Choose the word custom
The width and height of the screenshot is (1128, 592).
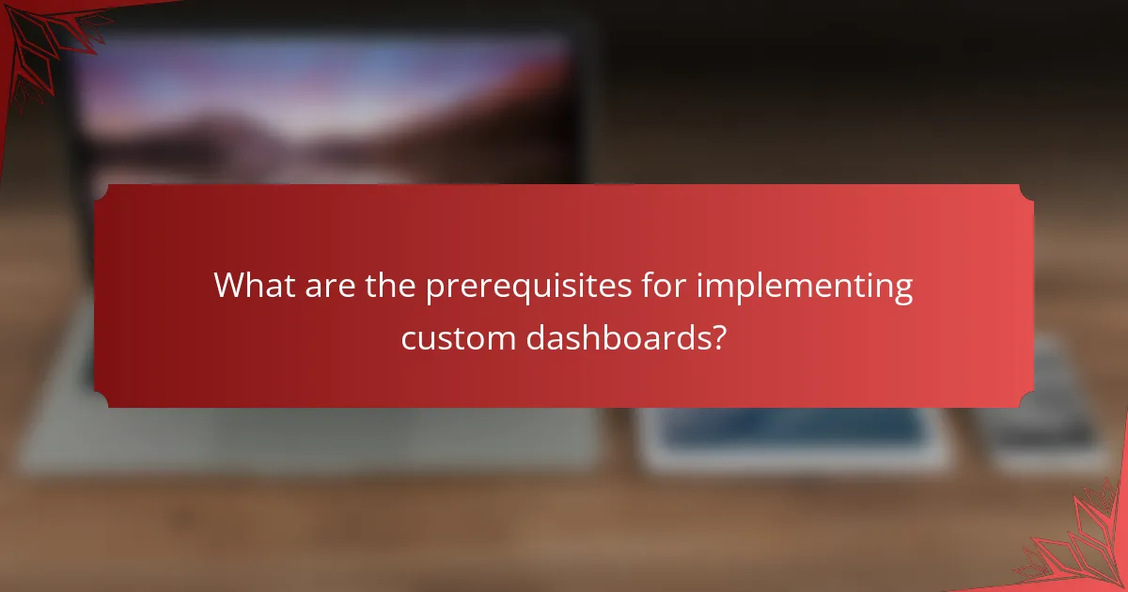coord(457,336)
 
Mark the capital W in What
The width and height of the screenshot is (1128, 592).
coord(229,286)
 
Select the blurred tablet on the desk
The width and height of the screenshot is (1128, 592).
coord(794,438)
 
